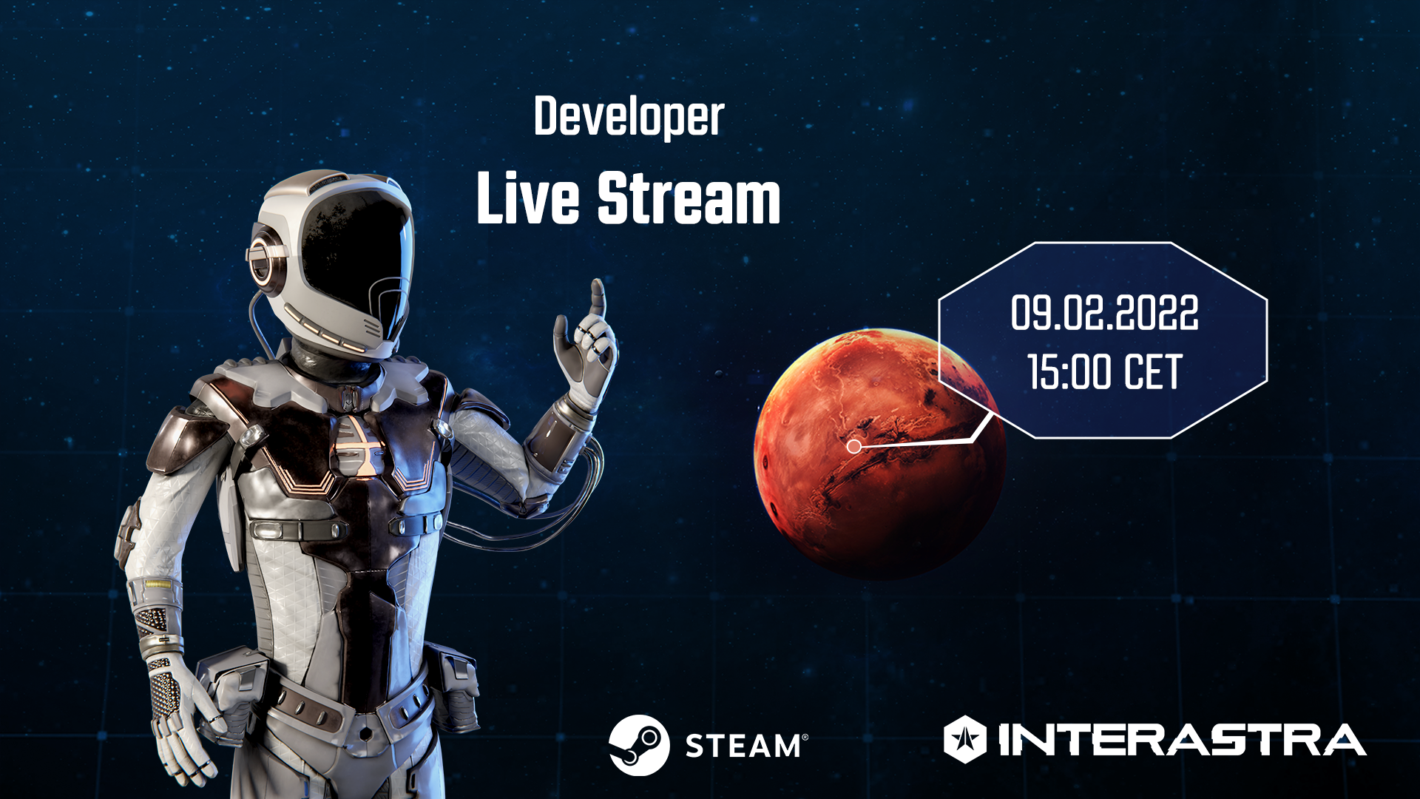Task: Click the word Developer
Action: coord(629,117)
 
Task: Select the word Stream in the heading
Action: coord(689,198)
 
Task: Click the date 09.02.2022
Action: coord(1104,312)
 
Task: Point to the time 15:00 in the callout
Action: coord(1069,371)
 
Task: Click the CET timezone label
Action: coord(1153,371)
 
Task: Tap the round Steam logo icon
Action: coord(639,745)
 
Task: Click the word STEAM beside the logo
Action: coord(743,746)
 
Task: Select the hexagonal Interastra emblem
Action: coord(965,739)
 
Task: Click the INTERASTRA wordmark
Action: coord(1182,740)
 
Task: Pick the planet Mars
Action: coord(879,454)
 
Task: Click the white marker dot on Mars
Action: coord(853,446)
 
